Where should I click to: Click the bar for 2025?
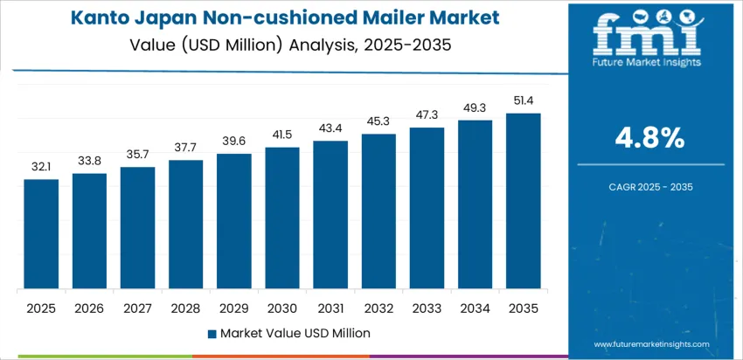[x=41, y=234]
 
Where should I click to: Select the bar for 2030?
[x=282, y=218]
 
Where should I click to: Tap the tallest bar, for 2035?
[x=524, y=201]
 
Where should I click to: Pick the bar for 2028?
[x=185, y=225]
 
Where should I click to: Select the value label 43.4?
[x=330, y=128]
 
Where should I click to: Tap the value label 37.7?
[x=185, y=147]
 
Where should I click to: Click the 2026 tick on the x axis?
[x=89, y=308]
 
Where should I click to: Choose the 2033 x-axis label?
[x=427, y=308]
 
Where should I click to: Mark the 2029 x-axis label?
[x=234, y=308]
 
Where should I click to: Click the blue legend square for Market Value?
[x=212, y=333]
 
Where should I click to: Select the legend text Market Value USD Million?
[x=295, y=333]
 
